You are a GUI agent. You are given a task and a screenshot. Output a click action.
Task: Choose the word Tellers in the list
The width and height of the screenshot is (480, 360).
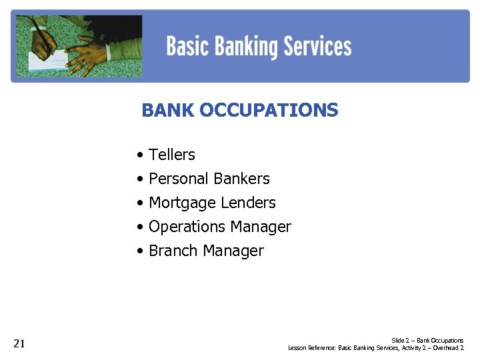point(172,155)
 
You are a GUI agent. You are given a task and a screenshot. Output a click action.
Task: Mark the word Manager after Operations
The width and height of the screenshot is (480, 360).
point(260,227)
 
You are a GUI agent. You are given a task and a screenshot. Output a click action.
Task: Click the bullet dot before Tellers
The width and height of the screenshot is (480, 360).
point(140,155)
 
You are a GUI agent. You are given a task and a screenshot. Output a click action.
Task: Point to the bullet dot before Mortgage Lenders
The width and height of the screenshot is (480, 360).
point(140,203)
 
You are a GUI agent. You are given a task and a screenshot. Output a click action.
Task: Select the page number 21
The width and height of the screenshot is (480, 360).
point(19,344)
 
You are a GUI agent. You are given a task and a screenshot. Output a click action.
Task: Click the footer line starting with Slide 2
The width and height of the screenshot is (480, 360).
point(427,340)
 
